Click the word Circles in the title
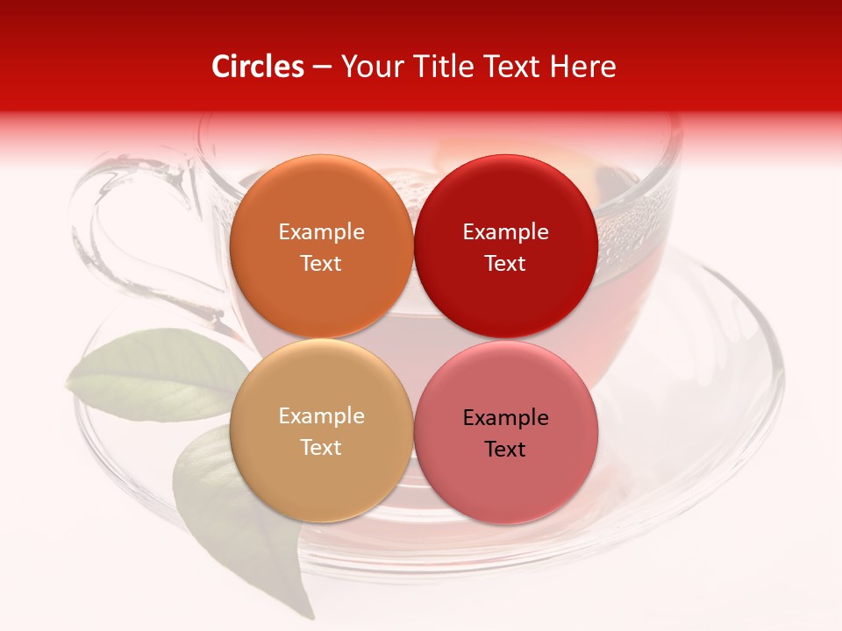[257, 67]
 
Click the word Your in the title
[373, 67]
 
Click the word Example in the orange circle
[321, 231]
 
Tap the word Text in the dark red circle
[505, 263]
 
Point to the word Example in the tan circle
[321, 415]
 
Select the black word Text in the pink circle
[505, 449]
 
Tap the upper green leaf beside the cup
[158, 372]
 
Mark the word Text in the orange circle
[321, 263]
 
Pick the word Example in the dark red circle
[505, 231]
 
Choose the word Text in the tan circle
[321, 447]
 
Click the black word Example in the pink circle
[505, 417]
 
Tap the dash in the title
[321, 67]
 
